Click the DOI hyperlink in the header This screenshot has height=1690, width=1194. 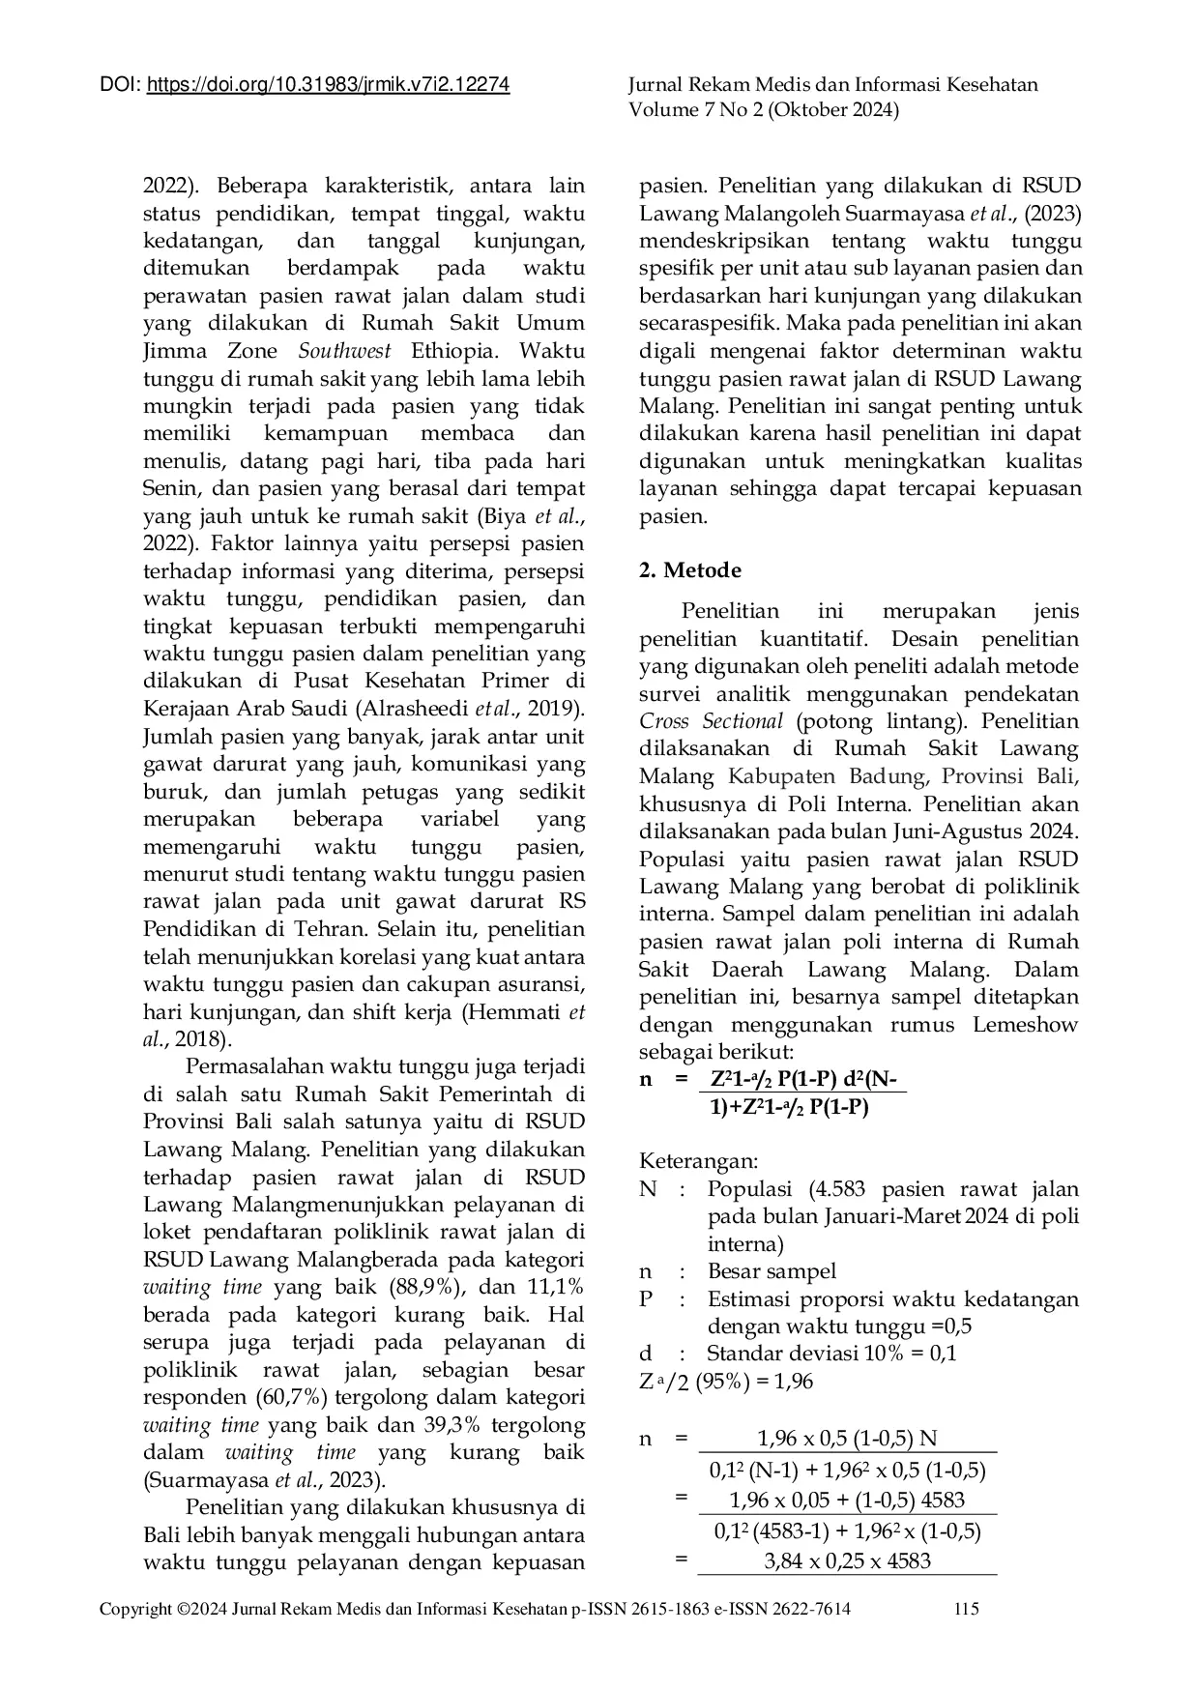pos(328,85)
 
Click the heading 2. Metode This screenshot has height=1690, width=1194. pos(690,570)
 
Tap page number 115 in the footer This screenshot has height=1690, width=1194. pos(966,1609)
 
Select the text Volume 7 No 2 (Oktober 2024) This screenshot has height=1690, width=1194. pos(764,110)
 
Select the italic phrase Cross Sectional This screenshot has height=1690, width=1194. pos(712,721)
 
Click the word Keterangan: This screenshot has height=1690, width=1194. pos(698,1161)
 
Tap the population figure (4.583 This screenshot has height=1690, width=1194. pos(836,1189)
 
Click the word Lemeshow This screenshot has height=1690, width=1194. pos(1025,1025)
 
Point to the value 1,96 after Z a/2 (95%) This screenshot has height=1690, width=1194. pos(793,1382)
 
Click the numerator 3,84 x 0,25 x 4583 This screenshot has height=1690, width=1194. pos(847,1561)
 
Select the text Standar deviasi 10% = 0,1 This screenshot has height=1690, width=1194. pos(831,1354)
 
